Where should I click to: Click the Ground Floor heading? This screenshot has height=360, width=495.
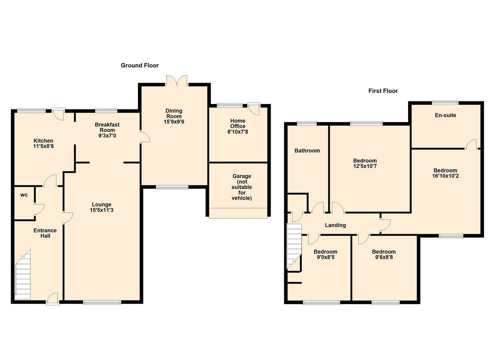click(x=140, y=65)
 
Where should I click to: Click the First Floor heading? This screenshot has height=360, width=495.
click(x=383, y=91)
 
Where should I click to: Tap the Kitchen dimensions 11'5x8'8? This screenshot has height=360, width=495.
click(x=43, y=146)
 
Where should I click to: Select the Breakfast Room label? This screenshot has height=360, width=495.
click(x=107, y=127)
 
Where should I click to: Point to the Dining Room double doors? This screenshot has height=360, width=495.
click(x=177, y=81)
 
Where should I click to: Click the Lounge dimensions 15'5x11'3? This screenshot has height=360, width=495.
click(x=102, y=210)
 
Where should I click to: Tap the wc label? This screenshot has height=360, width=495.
click(x=24, y=195)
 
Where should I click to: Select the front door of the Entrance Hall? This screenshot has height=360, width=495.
click(x=52, y=299)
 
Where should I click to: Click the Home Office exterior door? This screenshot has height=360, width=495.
click(x=254, y=109)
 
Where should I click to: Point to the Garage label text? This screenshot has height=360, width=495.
click(x=242, y=187)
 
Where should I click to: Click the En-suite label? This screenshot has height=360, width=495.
click(x=445, y=115)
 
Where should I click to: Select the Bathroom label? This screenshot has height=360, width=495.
click(x=307, y=151)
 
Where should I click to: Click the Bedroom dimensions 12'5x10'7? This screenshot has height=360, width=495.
click(x=365, y=166)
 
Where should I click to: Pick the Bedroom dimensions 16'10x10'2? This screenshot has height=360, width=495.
click(x=445, y=176)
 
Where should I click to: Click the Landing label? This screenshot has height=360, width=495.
click(x=335, y=225)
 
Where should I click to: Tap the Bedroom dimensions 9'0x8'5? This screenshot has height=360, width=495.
click(x=325, y=257)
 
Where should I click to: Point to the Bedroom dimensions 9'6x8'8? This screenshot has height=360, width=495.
click(x=384, y=257)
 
